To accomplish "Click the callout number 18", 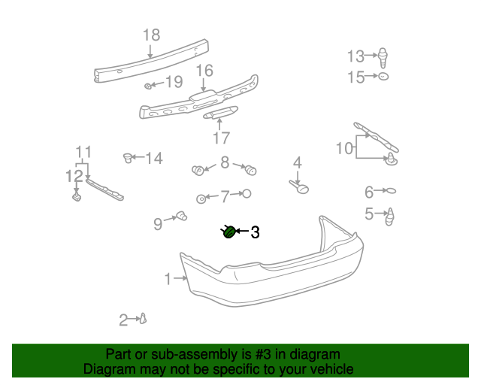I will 151,35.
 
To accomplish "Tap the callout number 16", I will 205,71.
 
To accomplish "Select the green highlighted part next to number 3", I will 229,232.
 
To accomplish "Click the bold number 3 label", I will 255,233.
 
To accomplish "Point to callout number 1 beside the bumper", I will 168,280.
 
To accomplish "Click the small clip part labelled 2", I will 143,319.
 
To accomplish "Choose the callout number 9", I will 158,223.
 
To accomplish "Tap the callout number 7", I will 224,197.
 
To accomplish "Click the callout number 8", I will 225,162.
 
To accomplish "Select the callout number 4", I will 298,162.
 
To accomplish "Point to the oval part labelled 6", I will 391,191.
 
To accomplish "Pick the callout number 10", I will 343,148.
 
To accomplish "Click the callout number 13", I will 355,56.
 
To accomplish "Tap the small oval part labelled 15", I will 383,77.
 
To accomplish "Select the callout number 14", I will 153,158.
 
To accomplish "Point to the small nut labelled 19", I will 149,86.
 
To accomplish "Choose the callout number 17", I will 221,138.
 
